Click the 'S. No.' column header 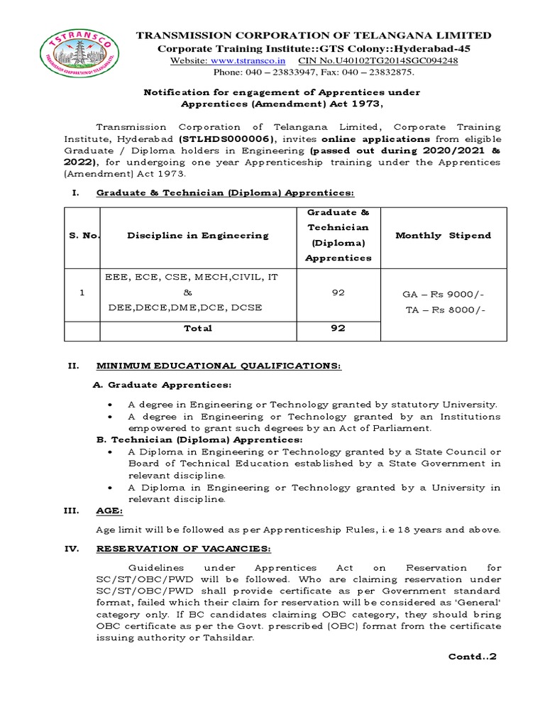click(82, 235)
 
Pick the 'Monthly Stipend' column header click(443, 235)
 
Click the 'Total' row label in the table click(197, 329)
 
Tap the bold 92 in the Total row click(338, 329)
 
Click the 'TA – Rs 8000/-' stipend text click(443, 310)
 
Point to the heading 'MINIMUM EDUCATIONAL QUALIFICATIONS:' click(219, 366)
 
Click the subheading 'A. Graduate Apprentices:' click(163, 384)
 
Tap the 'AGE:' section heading click(109, 510)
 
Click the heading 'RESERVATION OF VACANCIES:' click(182, 549)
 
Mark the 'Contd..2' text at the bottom click(473, 656)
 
